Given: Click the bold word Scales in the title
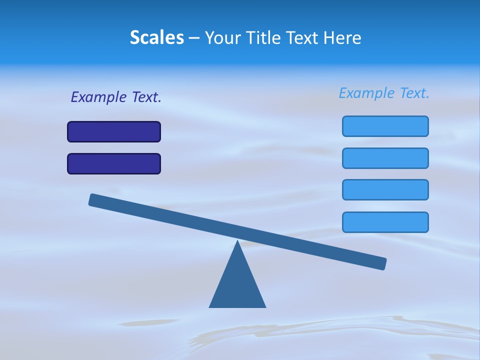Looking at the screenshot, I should (x=157, y=37).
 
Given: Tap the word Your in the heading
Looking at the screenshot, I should (x=223, y=37).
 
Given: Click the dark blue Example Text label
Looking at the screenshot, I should (x=116, y=97).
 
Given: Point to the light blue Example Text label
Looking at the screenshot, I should (x=384, y=93).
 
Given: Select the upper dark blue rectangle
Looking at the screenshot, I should (x=114, y=131).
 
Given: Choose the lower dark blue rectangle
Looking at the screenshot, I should (x=114, y=163).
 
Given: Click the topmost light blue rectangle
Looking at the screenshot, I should (x=385, y=126).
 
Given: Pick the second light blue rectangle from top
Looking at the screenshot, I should (x=385, y=158).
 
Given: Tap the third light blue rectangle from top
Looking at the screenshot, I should (x=385, y=189).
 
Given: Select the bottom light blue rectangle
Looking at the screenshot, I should (x=385, y=222).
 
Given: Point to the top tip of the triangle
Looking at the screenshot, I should (x=237, y=242).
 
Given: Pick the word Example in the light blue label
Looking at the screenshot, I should (x=366, y=93).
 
